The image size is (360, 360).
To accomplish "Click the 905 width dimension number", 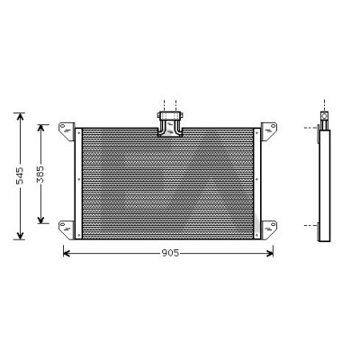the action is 170,253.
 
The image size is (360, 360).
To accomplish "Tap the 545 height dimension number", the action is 20,175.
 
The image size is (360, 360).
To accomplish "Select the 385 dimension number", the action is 40,174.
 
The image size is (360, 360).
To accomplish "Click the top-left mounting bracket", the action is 67,130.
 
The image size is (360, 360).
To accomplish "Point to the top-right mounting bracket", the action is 268,130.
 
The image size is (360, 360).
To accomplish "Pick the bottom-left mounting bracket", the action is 67,229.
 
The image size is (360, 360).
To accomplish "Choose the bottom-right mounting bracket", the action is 268,229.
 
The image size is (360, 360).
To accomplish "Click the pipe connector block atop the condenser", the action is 170,124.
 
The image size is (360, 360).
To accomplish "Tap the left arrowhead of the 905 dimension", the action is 67,254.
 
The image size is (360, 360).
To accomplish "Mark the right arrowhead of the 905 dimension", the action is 270,254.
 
